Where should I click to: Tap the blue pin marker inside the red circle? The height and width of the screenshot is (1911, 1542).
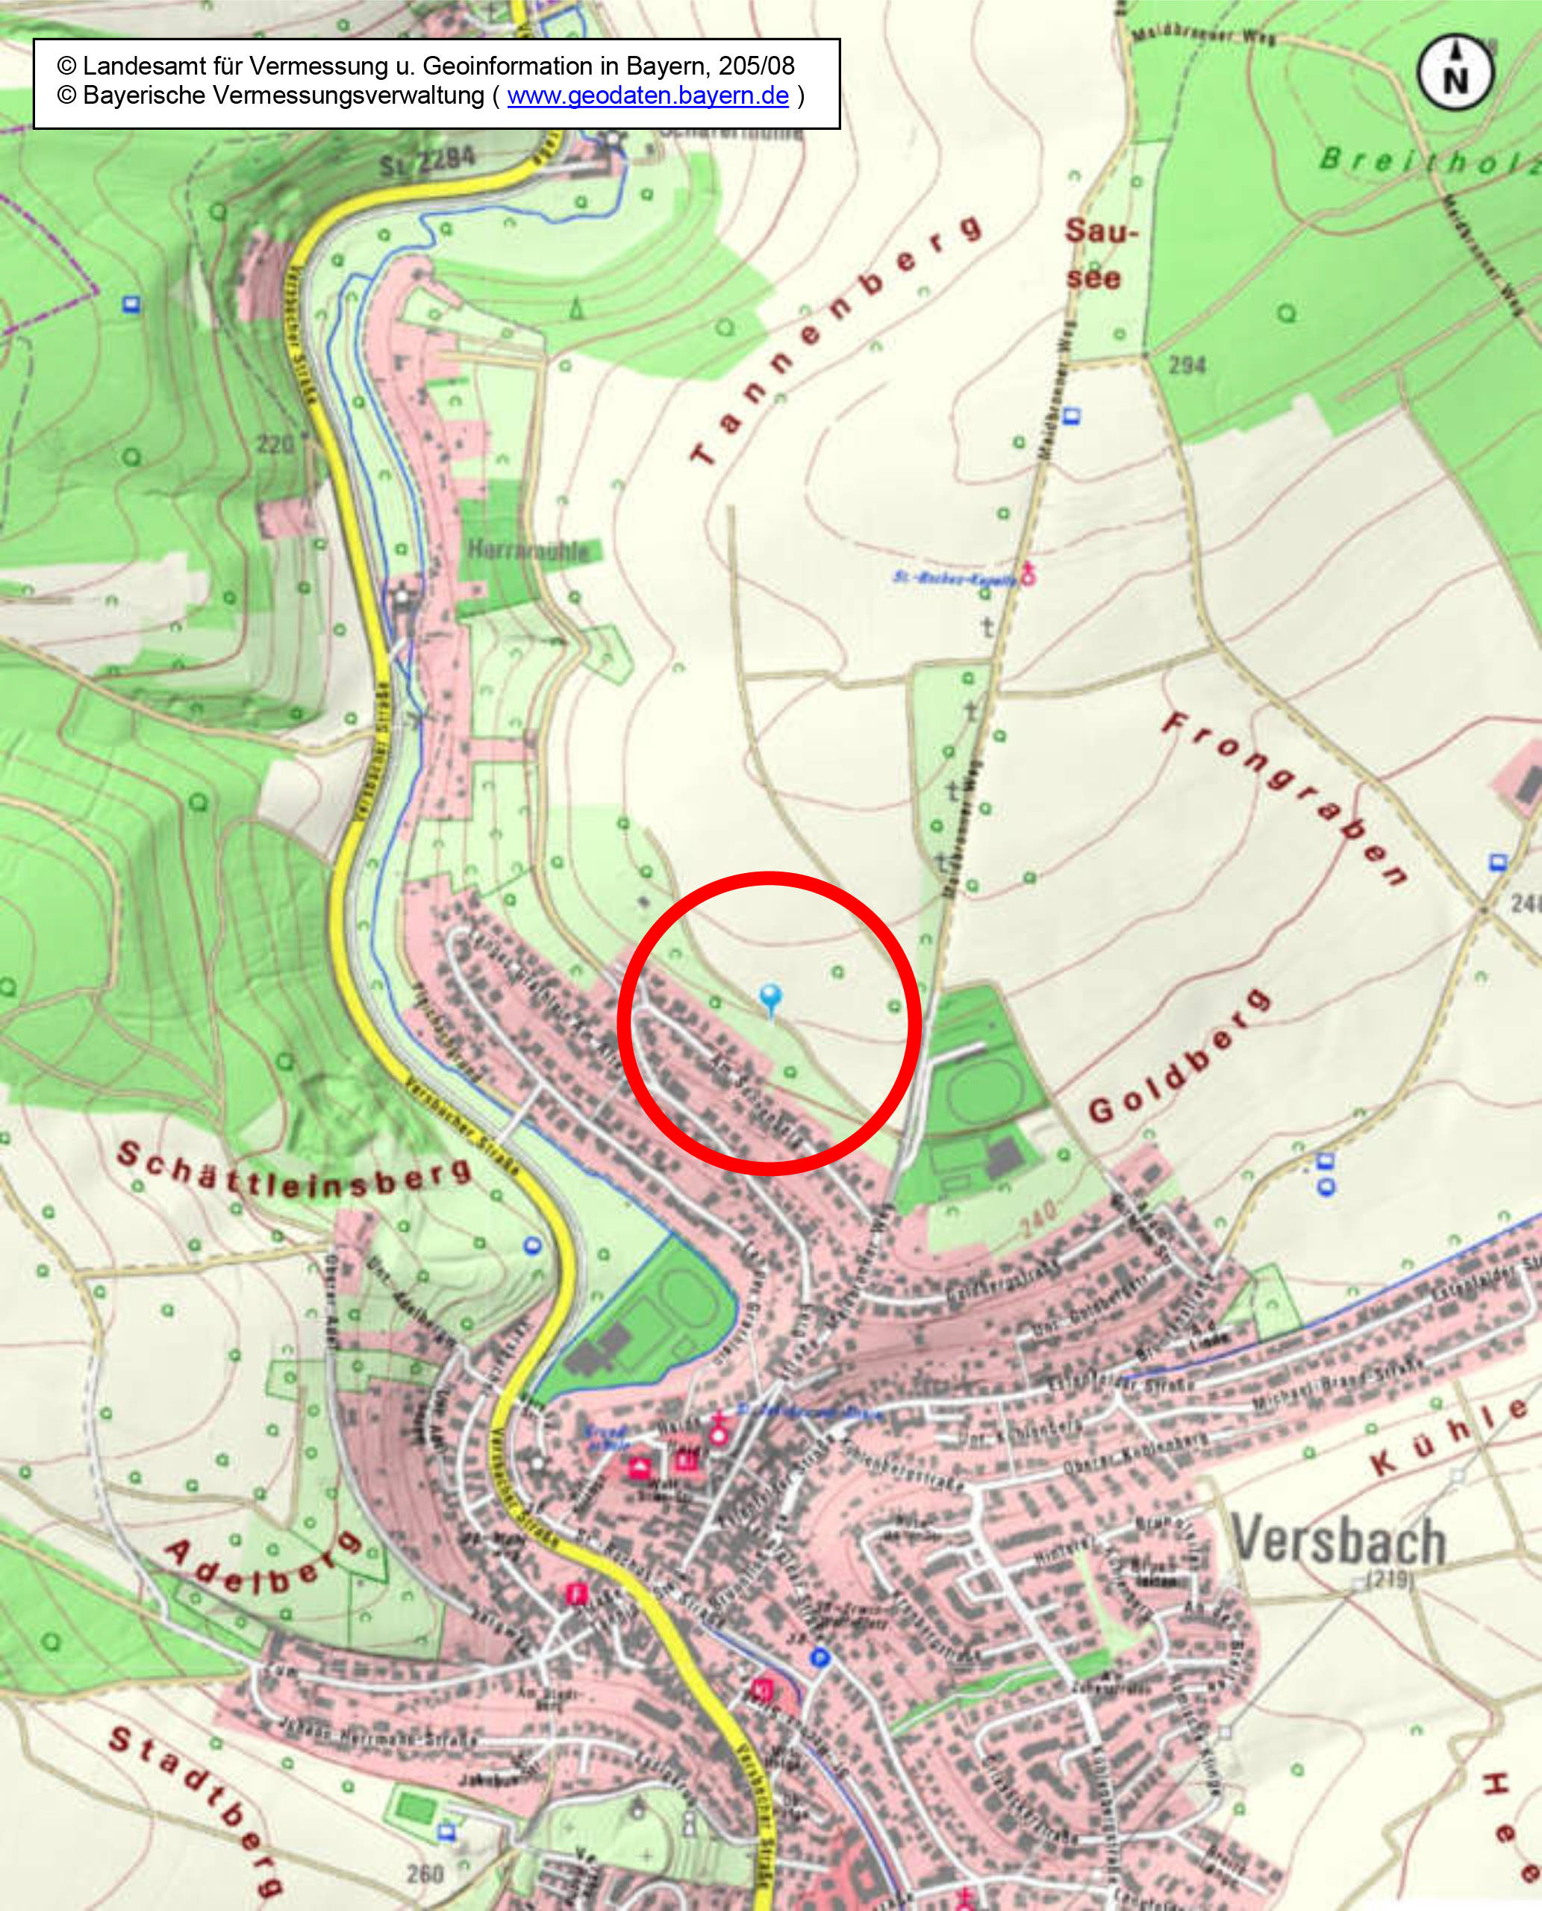[771, 996]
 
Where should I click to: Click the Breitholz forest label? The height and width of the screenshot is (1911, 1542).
[1430, 162]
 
